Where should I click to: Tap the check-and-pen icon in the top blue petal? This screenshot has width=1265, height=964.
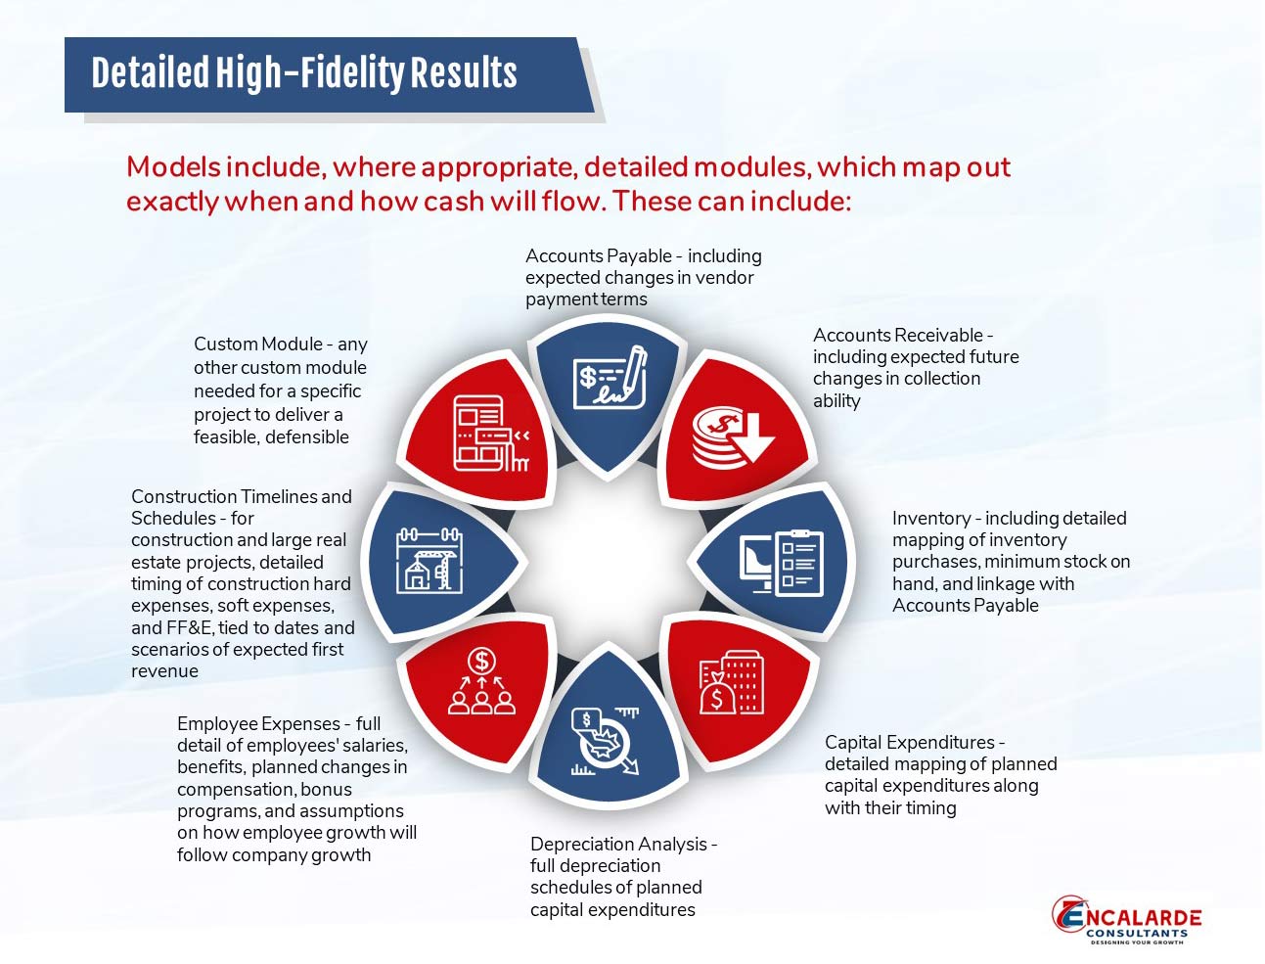pos(610,377)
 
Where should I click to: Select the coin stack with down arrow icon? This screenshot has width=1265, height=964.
pos(733,436)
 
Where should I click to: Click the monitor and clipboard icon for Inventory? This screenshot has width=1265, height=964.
pos(782,563)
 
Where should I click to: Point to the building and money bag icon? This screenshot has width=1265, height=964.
pos(732,683)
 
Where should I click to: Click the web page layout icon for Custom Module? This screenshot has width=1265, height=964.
pos(490,433)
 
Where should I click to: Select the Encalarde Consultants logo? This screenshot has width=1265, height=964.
pos(1127,920)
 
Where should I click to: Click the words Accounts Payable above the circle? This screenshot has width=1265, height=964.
pos(598,256)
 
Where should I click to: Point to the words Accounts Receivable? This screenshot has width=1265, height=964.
pos(898,335)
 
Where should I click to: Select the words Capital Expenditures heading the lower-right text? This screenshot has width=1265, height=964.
pos(910,742)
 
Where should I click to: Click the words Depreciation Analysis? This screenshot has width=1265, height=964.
pos(618,844)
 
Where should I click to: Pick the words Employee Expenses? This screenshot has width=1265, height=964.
pos(258,723)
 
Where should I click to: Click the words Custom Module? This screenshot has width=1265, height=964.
pos(258,344)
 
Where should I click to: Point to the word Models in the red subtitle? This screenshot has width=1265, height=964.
pos(173,167)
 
